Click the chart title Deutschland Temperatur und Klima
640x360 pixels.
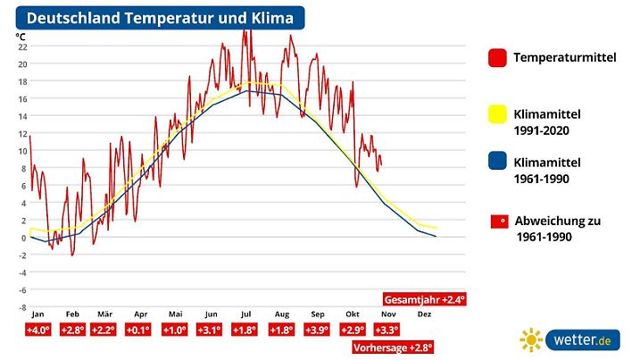click(x=160, y=18)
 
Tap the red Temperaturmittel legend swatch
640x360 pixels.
click(x=497, y=58)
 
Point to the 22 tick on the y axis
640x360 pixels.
click(x=22, y=46)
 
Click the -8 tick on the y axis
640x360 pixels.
click(x=22, y=306)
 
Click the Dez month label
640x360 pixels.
click(x=424, y=314)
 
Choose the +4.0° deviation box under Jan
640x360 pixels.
click(x=37, y=331)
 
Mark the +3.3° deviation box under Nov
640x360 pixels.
click(x=387, y=331)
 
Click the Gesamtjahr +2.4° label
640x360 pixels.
click(x=425, y=299)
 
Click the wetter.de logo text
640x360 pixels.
click(x=584, y=339)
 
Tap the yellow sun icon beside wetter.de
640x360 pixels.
click(x=532, y=340)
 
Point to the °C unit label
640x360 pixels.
click(x=21, y=37)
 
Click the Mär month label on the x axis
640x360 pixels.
click(x=104, y=314)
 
